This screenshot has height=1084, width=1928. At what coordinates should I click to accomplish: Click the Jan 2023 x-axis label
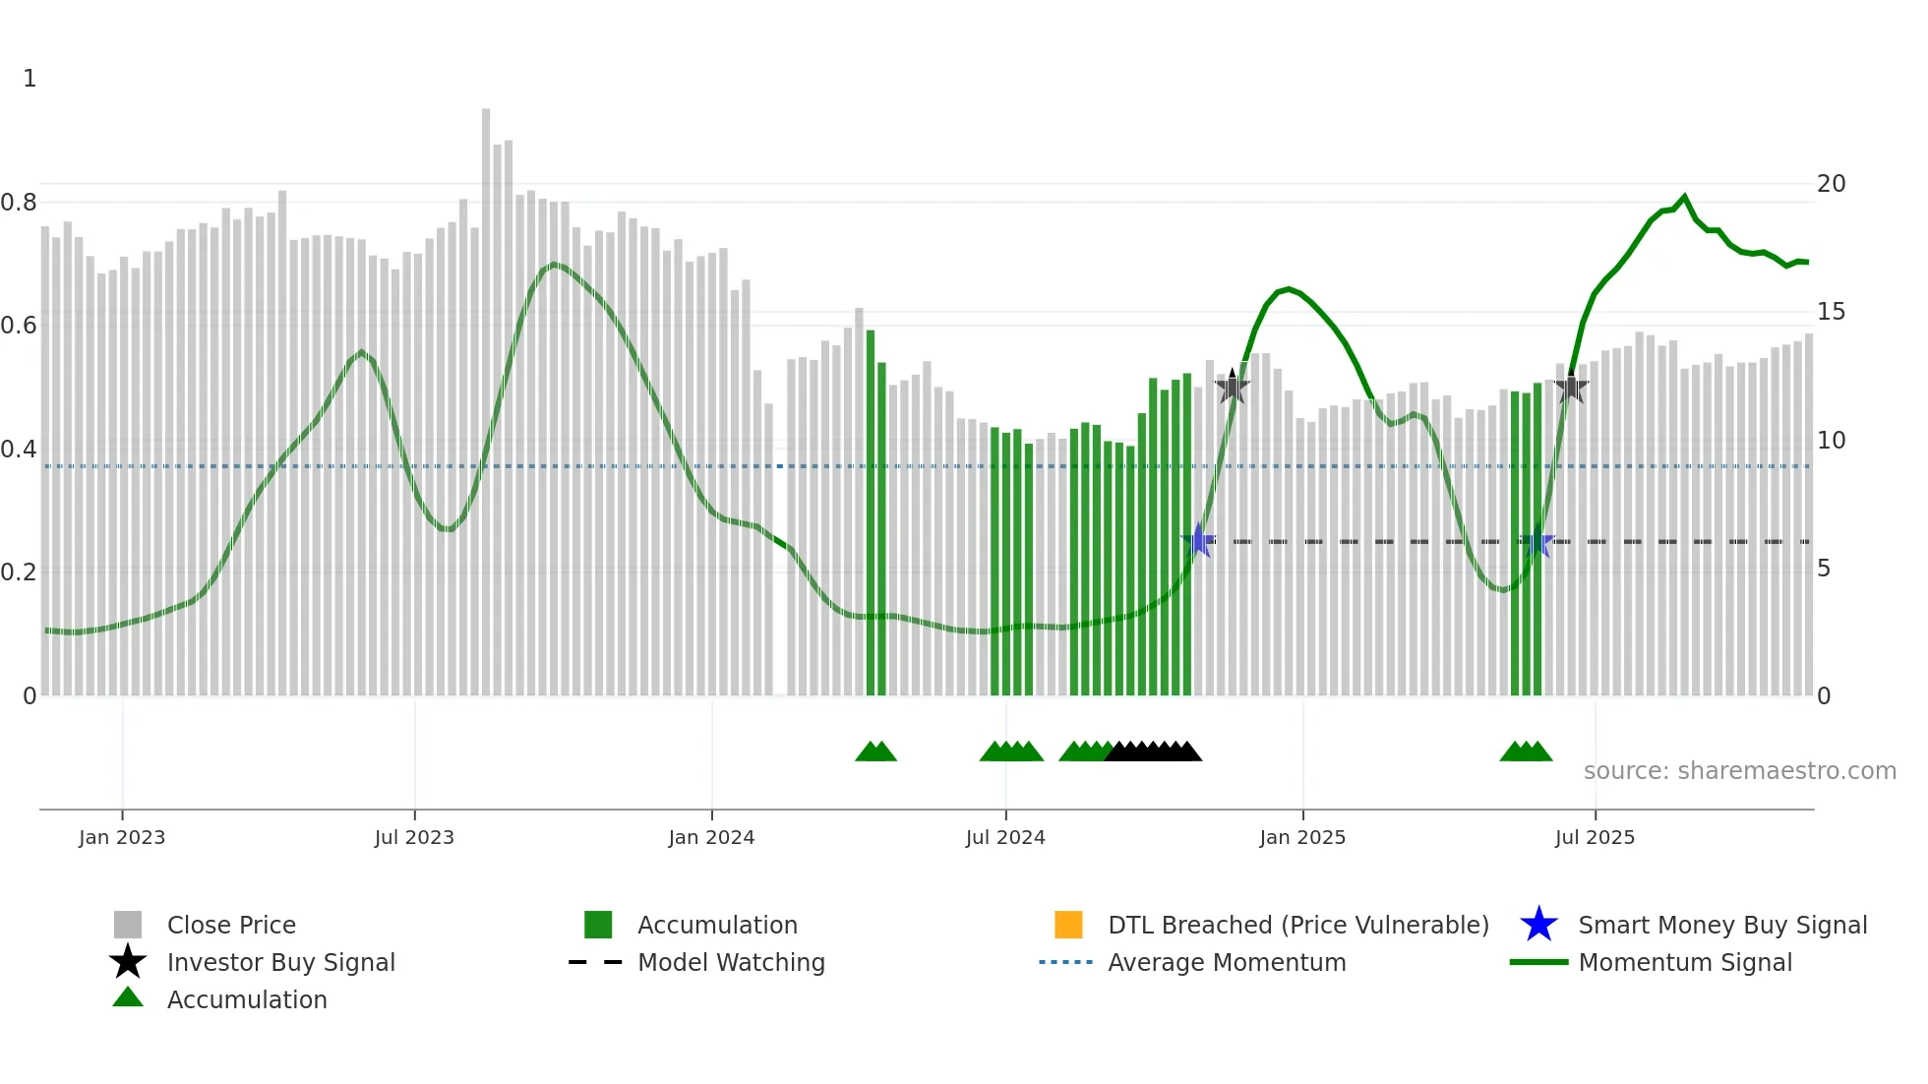coord(122,837)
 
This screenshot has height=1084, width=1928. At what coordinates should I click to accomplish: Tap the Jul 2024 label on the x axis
coord(1005,837)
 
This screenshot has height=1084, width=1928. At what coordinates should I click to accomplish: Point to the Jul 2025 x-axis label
coord(1595,837)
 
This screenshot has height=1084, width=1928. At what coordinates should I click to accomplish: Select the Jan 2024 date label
coord(711,837)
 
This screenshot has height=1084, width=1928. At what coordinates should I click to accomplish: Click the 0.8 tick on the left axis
coord(19,203)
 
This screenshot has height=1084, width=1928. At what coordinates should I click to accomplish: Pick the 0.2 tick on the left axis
coord(19,572)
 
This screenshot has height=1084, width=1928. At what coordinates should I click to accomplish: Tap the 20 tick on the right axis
coord(1831,184)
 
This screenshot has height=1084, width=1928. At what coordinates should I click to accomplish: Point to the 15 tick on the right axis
coord(1831,312)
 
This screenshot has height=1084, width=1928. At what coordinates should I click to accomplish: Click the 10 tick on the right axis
coord(1831,441)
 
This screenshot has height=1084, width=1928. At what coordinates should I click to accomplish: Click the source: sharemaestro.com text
coord(1739,771)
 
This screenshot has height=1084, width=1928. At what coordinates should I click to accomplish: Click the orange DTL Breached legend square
coord(1068,925)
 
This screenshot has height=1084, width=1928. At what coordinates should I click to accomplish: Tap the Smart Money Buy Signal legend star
coord(1538,925)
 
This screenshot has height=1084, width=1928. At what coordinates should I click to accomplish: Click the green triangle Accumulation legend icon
coord(128,997)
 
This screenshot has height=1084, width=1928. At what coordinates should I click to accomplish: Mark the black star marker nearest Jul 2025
coord(1571,388)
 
